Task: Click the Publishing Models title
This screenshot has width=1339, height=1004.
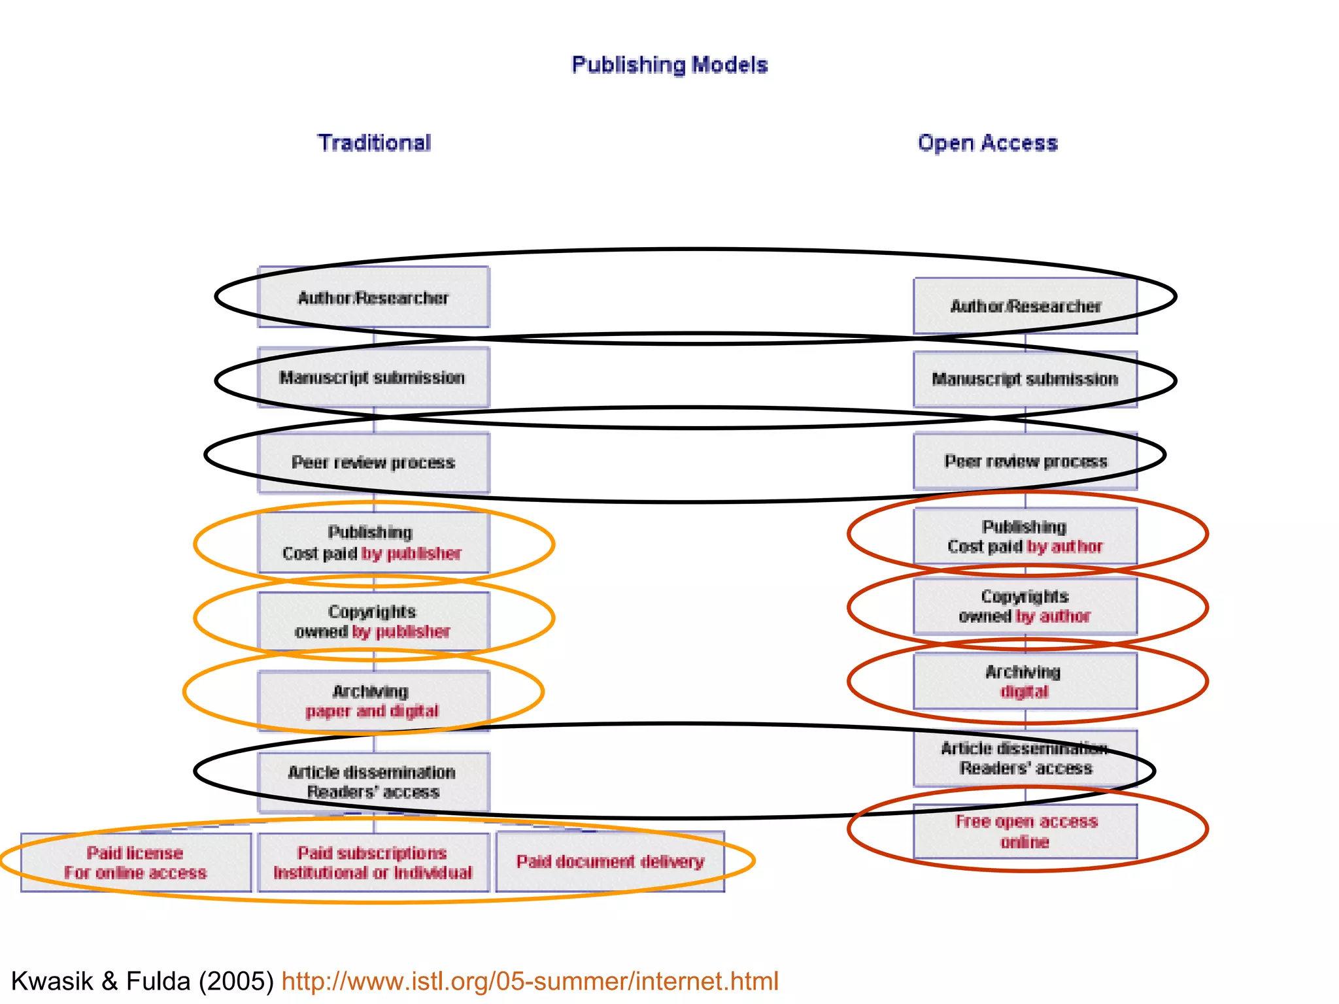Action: pyautogui.click(x=669, y=65)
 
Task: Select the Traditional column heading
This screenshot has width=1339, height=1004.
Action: pyautogui.click(x=374, y=142)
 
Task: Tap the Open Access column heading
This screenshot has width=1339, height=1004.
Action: pyautogui.click(x=987, y=142)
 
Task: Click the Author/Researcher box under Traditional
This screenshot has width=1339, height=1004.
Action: pyautogui.click(x=373, y=297)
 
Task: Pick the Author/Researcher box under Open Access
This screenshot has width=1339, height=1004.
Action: pyautogui.click(x=1025, y=306)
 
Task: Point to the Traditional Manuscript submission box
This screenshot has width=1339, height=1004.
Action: pyautogui.click(x=373, y=378)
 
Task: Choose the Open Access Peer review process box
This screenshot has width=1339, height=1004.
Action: pyautogui.click(x=1025, y=461)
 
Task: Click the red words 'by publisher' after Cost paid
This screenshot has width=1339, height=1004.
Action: pyautogui.click(x=412, y=554)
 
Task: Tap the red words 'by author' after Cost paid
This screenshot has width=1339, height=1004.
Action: pyautogui.click(x=1065, y=546)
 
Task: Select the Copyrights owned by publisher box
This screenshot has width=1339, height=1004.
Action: pyautogui.click(x=373, y=622)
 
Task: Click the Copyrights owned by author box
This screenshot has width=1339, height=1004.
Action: pyautogui.click(x=1025, y=607)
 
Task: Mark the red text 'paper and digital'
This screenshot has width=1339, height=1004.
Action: pyautogui.click(x=372, y=711)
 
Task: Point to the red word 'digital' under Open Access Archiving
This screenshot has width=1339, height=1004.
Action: pyautogui.click(x=1025, y=692)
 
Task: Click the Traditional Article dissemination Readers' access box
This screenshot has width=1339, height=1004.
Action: pyautogui.click(x=373, y=782)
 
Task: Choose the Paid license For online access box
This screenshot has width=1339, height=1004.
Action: pyautogui.click(x=136, y=863)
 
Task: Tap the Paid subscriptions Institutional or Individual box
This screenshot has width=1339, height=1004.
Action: pyautogui.click(x=373, y=863)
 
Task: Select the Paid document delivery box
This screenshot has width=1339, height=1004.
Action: pyautogui.click(x=610, y=862)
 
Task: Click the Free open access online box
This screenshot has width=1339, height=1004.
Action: pyautogui.click(x=1025, y=831)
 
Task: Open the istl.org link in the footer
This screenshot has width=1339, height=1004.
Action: pyautogui.click(x=530, y=981)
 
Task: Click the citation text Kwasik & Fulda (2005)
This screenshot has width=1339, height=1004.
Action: pyautogui.click(x=143, y=981)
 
